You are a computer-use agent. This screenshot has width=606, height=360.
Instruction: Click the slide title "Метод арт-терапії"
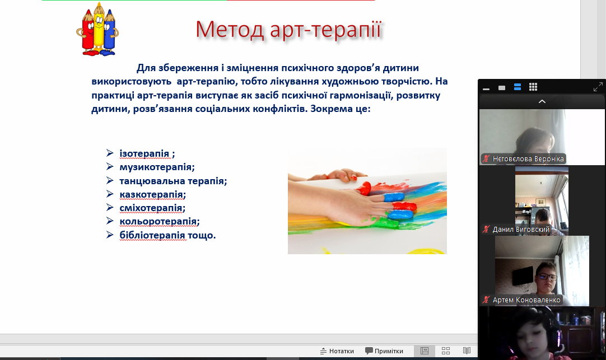[288, 30]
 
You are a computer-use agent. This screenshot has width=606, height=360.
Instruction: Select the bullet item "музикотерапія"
[157, 167]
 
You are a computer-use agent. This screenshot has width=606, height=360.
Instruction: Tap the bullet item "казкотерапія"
[153, 194]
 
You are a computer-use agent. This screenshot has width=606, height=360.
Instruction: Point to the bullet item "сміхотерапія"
[152, 208]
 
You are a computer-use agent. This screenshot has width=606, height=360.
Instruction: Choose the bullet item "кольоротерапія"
[160, 221]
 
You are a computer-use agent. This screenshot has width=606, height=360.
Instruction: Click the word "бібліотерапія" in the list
[152, 235]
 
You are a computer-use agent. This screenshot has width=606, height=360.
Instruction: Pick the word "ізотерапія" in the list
[144, 153]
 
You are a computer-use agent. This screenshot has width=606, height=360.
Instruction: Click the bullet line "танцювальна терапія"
[173, 180]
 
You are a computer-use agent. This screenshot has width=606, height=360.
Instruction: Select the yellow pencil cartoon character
[99, 29]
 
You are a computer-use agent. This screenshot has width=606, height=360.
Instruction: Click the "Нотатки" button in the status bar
[337, 350]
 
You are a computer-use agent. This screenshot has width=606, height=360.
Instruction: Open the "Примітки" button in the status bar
[384, 350]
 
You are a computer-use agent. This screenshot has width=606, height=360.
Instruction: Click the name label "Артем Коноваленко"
[526, 300]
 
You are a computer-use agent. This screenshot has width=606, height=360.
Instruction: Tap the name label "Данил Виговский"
[520, 230]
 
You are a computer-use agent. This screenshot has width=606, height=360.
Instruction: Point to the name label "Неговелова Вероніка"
[528, 159]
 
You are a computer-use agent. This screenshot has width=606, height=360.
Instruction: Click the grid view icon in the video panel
[533, 87]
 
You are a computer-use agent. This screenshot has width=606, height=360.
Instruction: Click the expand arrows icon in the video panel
[598, 87]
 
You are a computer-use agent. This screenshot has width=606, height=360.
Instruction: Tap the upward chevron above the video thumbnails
[542, 101]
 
